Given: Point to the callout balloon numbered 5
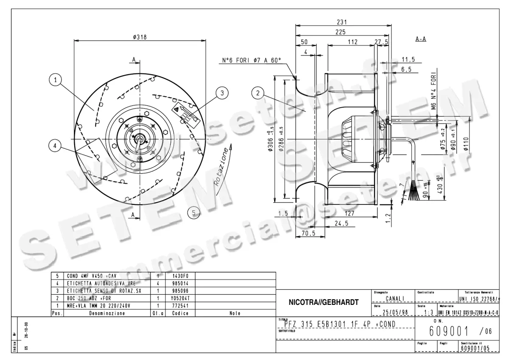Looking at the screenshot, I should point(194,213).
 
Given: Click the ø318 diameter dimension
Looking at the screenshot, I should point(140,37).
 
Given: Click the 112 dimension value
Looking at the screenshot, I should point(352,42).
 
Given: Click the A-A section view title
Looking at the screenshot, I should point(420,39).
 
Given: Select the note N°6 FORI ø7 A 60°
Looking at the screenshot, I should point(252,61).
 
